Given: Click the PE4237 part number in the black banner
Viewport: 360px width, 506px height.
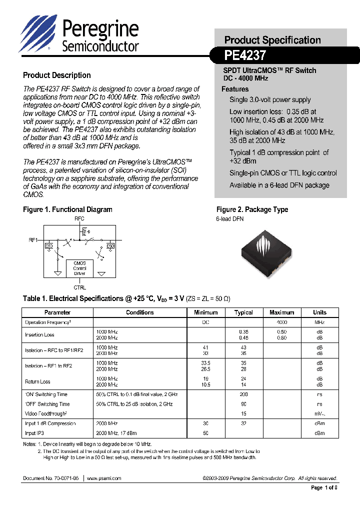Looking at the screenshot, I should (x=245, y=54).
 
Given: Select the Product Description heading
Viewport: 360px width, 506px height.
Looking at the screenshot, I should (x=57, y=75).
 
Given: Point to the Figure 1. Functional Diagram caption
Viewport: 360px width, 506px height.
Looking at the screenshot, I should (x=67, y=209).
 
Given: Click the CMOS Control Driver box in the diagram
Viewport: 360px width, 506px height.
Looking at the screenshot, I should (x=79, y=268).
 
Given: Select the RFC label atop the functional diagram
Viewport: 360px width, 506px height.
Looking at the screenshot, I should (x=79, y=219).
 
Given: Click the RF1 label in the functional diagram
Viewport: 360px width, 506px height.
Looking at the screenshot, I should (x=33, y=240).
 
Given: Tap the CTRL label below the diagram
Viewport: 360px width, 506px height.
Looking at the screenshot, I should (x=79, y=287).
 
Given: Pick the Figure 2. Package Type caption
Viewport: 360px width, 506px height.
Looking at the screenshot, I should (x=252, y=209).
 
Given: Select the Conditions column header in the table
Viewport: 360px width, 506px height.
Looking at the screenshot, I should (x=139, y=312).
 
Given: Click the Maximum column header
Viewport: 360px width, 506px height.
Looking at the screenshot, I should (x=281, y=312).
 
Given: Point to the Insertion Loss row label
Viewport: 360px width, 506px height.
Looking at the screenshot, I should (x=39, y=335).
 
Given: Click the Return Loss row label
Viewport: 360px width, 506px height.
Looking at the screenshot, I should (x=37, y=382).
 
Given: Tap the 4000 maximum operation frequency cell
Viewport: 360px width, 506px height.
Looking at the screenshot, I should (x=281, y=322).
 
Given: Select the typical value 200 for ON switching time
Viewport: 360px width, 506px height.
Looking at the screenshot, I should (x=243, y=394).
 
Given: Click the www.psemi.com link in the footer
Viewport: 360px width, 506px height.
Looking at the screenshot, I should (x=104, y=478).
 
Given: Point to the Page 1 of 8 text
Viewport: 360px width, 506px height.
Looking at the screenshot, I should (x=324, y=488).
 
